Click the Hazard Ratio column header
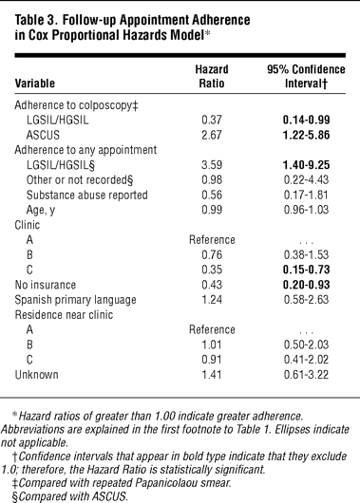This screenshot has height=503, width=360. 212,76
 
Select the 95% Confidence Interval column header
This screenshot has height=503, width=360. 306,76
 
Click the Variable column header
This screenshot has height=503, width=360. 35,84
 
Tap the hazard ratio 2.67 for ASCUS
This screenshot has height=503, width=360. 212,135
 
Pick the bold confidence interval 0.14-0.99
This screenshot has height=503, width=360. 307,120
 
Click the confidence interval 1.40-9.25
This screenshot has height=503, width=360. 307,165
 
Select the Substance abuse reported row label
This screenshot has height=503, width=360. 87,196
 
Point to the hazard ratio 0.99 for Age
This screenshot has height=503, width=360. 212,210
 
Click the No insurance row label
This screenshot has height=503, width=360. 46,285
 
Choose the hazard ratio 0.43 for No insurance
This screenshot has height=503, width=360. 212,285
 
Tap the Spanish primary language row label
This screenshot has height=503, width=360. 75,300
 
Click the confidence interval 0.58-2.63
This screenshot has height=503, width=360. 307,300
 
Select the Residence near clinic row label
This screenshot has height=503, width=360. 64,315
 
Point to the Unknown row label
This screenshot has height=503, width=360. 37,375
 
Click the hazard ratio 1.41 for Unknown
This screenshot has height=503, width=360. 212,375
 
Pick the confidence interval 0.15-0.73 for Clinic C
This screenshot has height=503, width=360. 307,270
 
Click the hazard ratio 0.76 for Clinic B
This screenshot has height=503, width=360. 212,254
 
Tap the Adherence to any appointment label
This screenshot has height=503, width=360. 85,150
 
